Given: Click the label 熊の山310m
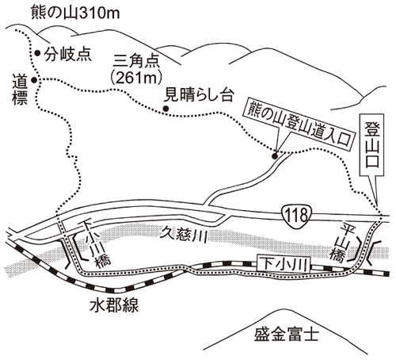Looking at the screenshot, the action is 75,13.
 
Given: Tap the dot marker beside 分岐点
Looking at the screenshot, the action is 37,53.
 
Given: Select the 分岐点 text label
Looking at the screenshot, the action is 67,54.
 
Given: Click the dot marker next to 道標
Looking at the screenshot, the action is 34,80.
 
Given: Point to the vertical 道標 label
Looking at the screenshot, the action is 20,90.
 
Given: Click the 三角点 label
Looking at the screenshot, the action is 136,62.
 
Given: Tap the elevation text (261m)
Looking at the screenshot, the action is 136,78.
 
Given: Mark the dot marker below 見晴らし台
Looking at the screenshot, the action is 166,109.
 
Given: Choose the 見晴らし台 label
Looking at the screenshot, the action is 199,95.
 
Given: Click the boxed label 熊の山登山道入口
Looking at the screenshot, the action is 300,125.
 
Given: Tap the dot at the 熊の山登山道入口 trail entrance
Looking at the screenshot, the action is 275,156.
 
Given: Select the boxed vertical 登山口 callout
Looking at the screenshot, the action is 372,145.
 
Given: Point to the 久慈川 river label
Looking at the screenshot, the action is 185,234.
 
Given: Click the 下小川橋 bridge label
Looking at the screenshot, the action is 96,243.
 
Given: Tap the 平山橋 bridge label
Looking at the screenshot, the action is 342,242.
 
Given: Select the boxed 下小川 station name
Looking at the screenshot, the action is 284,264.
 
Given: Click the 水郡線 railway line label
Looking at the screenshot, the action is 114,306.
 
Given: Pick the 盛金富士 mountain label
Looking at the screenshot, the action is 287,334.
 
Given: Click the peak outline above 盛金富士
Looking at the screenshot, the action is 278,309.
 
